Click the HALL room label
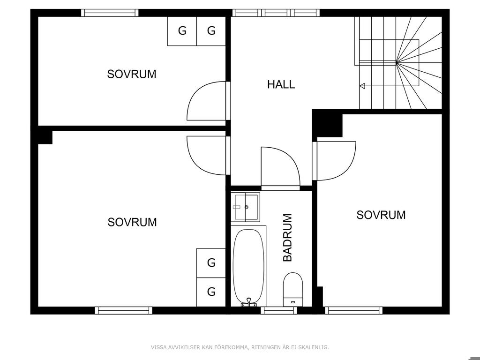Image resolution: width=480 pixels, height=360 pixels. pyautogui.click(x=281, y=84)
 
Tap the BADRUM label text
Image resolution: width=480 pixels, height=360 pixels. pyautogui.click(x=287, y=238)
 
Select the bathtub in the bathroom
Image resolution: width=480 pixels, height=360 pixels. pyautogui.click(x=248, y=266)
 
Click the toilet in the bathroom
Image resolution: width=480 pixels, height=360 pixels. pyautogui.click(x=293, y=289)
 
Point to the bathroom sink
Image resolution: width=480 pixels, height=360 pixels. pyautogui.click(x=245, y=207)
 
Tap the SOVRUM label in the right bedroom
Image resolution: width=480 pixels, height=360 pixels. pyautogui.click(x=381, y=215)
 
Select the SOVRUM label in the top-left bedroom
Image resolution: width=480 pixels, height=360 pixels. pyautogui.click(x=132, y=74)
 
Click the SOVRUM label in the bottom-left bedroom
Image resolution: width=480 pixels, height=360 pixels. pyautogui.click(x=132, y=222)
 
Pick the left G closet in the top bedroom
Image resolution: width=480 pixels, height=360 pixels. pyautogui.click(x=182, y=31)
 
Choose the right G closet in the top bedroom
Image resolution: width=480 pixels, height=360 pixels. pyautogui.click(x=211, y=31)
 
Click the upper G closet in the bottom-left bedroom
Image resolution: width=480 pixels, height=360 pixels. pyautogui.click(x=211, y=263)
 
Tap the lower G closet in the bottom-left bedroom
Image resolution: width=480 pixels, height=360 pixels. pyautogui.click(x=211, y=292)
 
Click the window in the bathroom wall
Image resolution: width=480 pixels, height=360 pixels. pyautogui.click(x=279, y=310)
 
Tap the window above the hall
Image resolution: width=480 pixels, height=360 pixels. pyautogui.click(x=276, y=13)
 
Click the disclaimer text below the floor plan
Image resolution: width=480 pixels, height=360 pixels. pyautogui.click(x=240, y=347)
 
